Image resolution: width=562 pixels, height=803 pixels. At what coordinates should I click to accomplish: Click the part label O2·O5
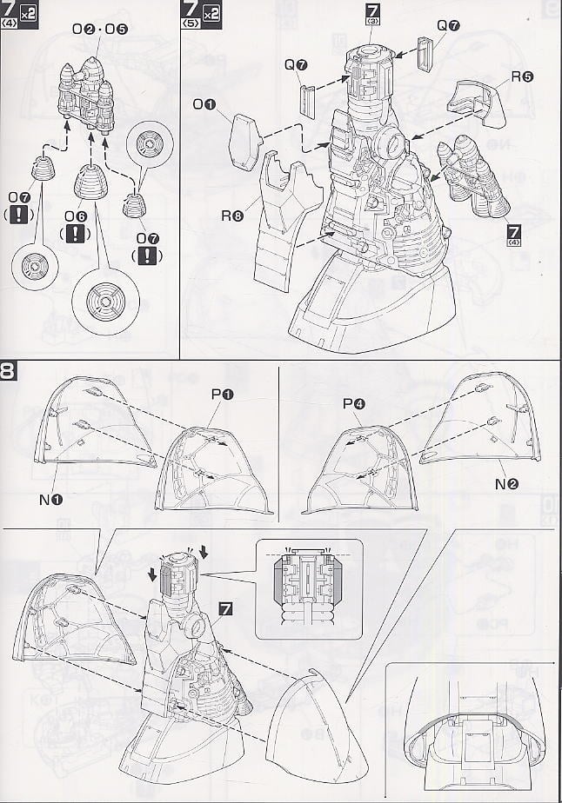point(99,29)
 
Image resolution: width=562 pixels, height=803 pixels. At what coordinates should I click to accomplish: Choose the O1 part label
point(205,105)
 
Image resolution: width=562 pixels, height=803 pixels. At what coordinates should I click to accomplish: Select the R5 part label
point(522,76)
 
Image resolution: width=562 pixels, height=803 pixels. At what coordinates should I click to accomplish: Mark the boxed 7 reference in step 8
point(226,610)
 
